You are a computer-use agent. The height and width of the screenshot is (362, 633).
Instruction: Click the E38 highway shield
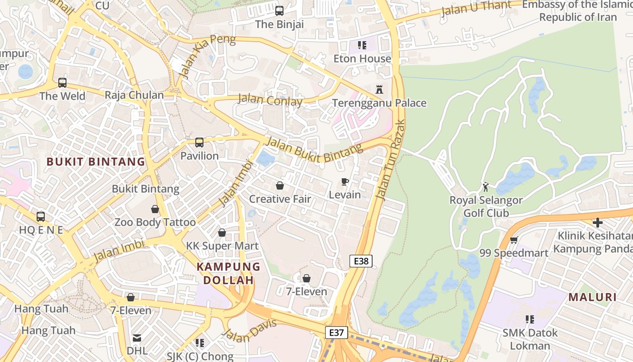click(x=361, y=261)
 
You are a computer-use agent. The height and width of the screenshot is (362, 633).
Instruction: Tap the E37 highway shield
click(x=336, y=333)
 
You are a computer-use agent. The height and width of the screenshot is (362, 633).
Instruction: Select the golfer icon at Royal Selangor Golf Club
click(x=486, y=186)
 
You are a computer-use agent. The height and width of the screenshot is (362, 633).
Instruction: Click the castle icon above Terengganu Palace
click(x=379, y=90)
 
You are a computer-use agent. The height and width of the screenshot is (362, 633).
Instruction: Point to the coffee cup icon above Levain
click(x=345, y=182)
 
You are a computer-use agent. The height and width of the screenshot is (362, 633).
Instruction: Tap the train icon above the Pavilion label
click(x=199, y=143)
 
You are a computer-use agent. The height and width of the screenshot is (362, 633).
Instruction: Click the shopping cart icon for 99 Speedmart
click(x=513, y=240)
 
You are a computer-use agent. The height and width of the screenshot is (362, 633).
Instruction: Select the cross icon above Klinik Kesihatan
click(x=598, y=223)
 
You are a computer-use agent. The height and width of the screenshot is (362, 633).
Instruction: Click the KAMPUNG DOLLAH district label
click(x=228, y=273)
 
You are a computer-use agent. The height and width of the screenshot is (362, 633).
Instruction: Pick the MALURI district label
click(x=592, y=297)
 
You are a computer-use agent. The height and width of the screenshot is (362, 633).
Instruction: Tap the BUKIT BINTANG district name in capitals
click(x=96, y=162)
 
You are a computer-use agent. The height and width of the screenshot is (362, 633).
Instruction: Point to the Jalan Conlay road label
click(x=270, y=100)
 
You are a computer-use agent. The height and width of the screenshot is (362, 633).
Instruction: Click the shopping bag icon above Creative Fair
click(x=280, y=186)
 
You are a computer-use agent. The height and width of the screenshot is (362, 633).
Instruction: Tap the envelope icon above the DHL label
click(x=137, y=338)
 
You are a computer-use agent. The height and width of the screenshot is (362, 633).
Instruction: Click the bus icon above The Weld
click(x=62, y=83)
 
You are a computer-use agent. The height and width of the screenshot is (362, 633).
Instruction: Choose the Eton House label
click(x=362, y=59)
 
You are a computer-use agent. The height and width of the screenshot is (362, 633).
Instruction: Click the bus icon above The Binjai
click(x=279, y=10)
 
